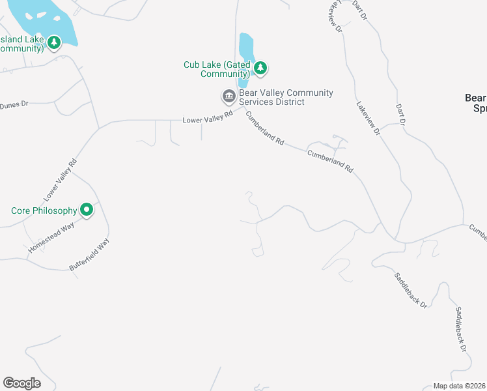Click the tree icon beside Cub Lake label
260,67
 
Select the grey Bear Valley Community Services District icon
229,97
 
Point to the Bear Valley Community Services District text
286,98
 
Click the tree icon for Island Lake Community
54,43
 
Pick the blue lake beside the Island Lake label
39,20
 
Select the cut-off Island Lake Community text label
22,44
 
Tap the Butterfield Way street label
89,255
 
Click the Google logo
21,383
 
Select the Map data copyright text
460,386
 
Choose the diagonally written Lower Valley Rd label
61,179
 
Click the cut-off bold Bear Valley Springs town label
475,103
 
